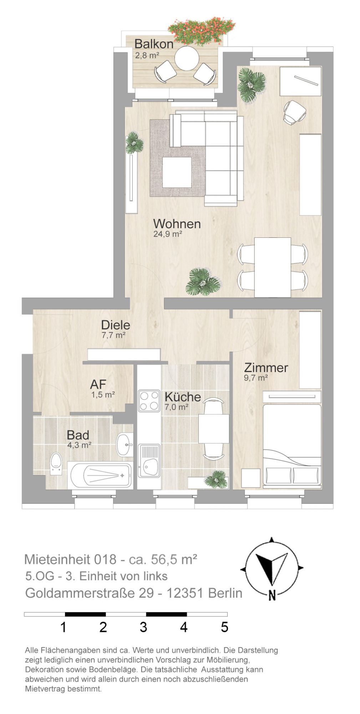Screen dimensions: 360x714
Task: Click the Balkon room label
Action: [153, 44]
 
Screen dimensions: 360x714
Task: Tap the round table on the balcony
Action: [187, 58]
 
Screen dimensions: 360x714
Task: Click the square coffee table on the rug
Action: [177, 172]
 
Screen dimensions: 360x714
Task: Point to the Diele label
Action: [116, 325]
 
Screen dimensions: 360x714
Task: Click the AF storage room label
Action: [98, 384]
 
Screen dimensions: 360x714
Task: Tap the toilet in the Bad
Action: [56, 463]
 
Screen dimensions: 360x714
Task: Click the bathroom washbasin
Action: [125, 444]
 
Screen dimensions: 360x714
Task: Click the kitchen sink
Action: [149, 461]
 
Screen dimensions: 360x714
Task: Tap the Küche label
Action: [183, 397]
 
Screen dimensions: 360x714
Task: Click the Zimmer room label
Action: [266, 367]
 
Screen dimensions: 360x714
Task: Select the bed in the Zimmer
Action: [292, 446]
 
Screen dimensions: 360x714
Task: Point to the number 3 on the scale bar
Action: [143, 627]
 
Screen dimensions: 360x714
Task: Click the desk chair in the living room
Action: [295, 112]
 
